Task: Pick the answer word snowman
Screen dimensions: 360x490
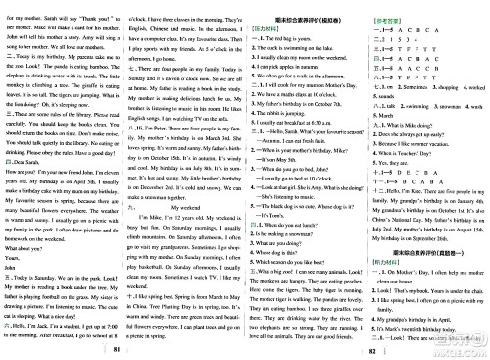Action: (432, 103)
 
